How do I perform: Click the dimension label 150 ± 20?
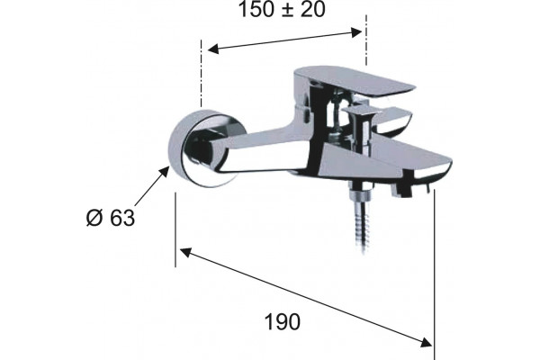pyautogui.click(x=282, y=9)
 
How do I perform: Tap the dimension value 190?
pyautogui.click(x=283, y=322)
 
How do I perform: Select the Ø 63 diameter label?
pyautogui.click(x=111, y=218)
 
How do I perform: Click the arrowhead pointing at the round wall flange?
pyautogui.click(x=164, y=172)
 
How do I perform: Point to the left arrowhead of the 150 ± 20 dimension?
pyautogui.click(x=213, y=49)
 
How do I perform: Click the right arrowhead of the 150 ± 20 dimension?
pyautogui.click(x=356, y=32)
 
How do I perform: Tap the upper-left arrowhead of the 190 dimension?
pyautogui.click(x=185, y=253)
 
